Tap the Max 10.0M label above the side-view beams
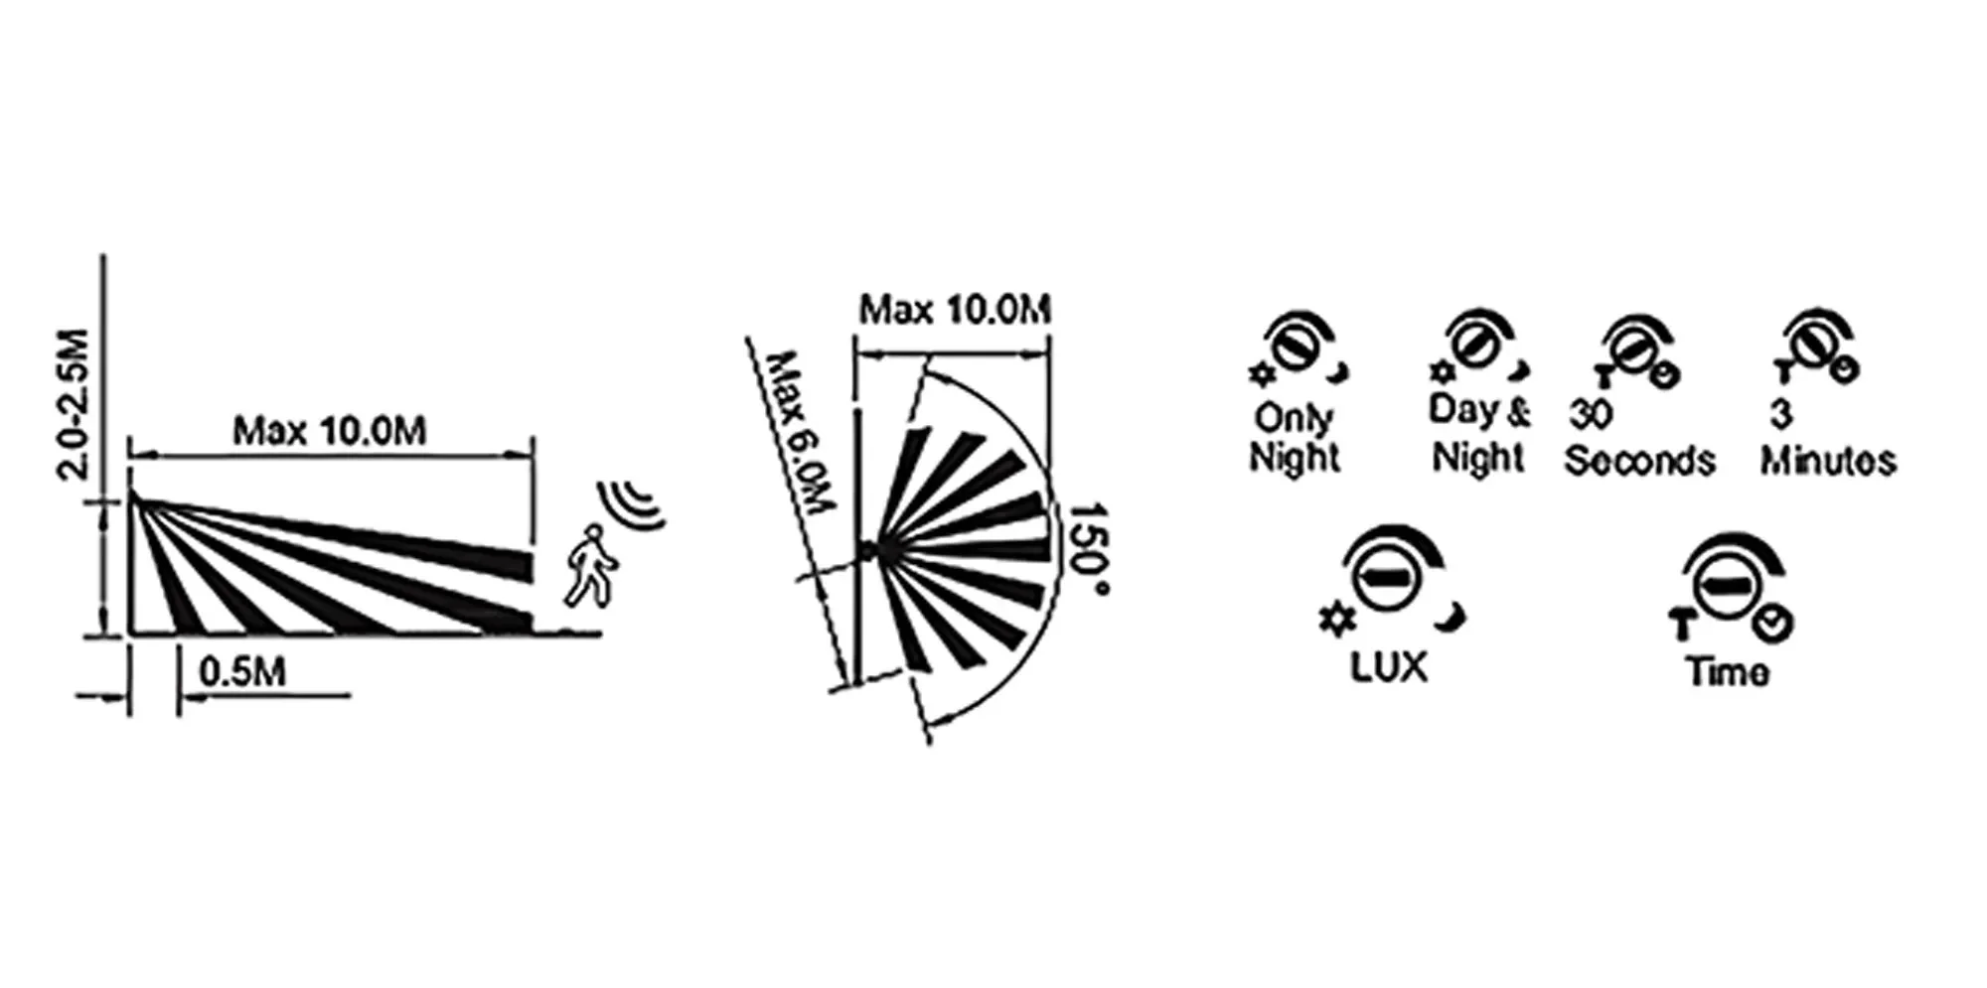(330, 431)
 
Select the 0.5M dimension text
(242, 672)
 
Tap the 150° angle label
(1089, 549)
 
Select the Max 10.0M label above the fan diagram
(955, 310)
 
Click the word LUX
(1388, 667)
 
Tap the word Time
(1727, 672)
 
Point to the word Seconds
(1639, 461)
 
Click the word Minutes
(1828, 461)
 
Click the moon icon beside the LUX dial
(1452, 617)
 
